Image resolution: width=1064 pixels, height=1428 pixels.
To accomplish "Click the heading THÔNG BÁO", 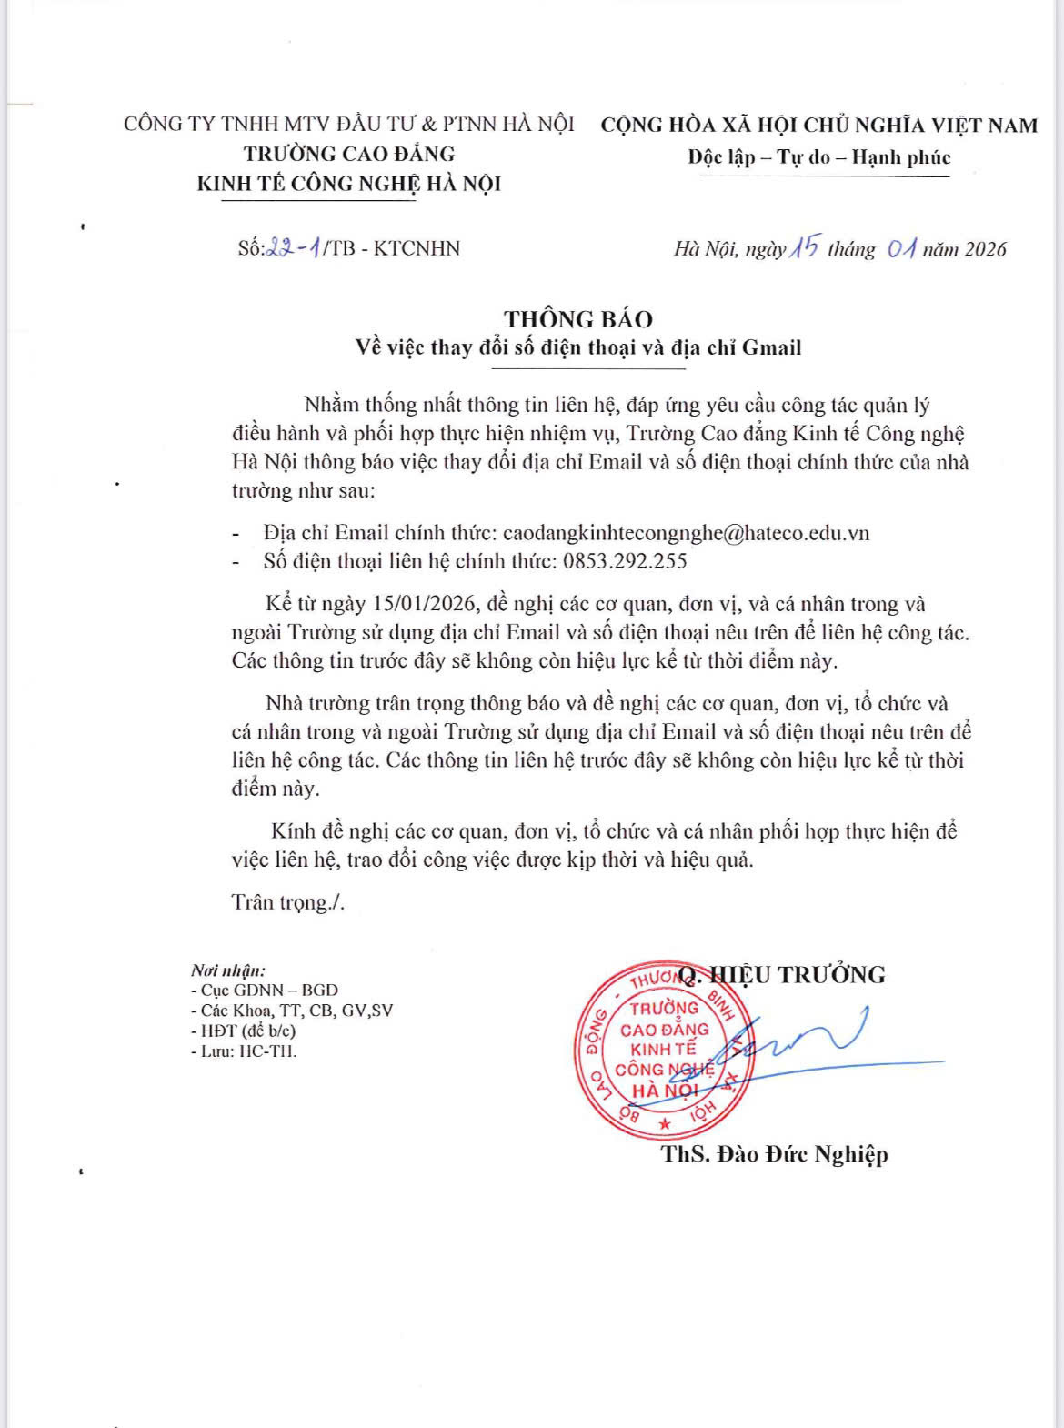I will click(x=578, y=319).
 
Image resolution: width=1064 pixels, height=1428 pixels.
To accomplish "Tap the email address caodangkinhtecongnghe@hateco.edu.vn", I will click(x=686, y=533).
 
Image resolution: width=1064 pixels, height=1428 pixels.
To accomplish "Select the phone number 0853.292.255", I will click(x=625, y=561).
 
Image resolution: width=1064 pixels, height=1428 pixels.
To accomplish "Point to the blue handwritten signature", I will click(x=800, y=1046).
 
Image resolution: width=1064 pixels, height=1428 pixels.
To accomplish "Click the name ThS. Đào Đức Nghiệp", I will click(x=774, y=1154).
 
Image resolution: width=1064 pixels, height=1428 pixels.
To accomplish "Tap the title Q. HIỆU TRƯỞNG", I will click(x=782, y=975).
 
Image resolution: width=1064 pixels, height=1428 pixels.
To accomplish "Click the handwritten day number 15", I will click(x=805, y=247).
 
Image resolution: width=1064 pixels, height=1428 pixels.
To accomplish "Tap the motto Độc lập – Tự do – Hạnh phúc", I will click(x=818, y=157).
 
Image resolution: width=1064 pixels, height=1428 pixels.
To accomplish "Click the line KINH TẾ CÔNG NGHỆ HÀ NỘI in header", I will click(x=349, y=184).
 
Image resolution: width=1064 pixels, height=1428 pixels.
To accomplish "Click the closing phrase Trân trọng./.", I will click(x=287, y=902).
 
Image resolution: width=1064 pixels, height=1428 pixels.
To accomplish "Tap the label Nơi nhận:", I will click(x=228, y=970).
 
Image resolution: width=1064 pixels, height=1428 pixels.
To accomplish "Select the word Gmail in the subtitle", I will click(x=771, y=347).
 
